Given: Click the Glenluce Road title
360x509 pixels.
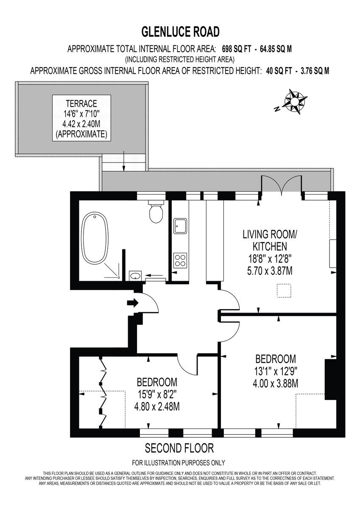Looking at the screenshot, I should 180,31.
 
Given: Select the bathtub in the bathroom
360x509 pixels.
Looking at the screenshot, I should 95,239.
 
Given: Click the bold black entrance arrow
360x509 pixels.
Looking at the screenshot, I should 133,303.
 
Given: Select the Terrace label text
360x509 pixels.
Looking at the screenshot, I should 82,103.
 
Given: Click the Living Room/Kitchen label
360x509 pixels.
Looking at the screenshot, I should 264,240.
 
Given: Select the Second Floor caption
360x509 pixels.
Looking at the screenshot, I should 179,448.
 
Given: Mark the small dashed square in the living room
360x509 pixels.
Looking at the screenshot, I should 283,291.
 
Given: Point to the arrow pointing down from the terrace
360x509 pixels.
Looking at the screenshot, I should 123,161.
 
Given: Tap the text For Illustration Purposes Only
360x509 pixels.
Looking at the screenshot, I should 179,463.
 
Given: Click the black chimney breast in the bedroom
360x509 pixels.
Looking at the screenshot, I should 330,379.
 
